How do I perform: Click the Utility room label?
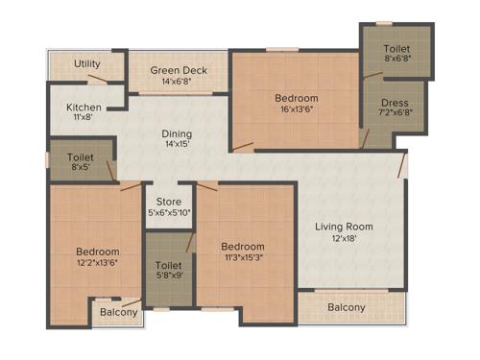tap(87, 64)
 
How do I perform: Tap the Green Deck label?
tap(179, 69)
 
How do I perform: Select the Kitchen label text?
tap(84, 107)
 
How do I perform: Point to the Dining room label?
tap(177, 134)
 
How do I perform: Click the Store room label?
tap(169, 202)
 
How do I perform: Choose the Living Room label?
tap(345, 228)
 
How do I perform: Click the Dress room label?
tap(395, 103)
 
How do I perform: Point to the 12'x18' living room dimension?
tap(345, 239)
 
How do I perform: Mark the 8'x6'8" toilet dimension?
tap(396, 59)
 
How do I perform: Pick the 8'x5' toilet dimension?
tap(81, 168)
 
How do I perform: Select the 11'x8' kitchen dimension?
tap(84, 117)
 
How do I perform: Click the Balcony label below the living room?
tap(346, 307)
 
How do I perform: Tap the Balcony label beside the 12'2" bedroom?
tap(118, 312)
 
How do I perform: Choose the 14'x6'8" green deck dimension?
tap(179, 81)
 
